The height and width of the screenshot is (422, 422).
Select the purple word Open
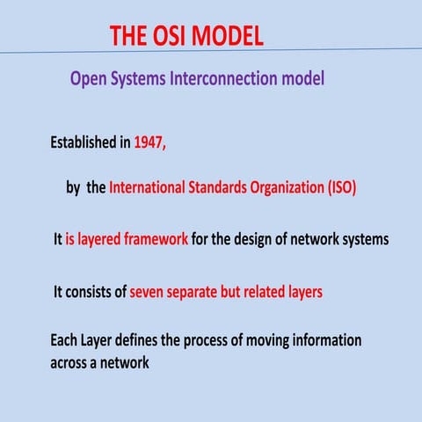pos(89,79)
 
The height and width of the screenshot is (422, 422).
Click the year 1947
pos(149,144)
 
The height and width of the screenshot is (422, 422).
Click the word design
pos(266,239)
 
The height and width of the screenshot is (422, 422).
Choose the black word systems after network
pos(362,239)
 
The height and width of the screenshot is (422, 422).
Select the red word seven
pos(149,292)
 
